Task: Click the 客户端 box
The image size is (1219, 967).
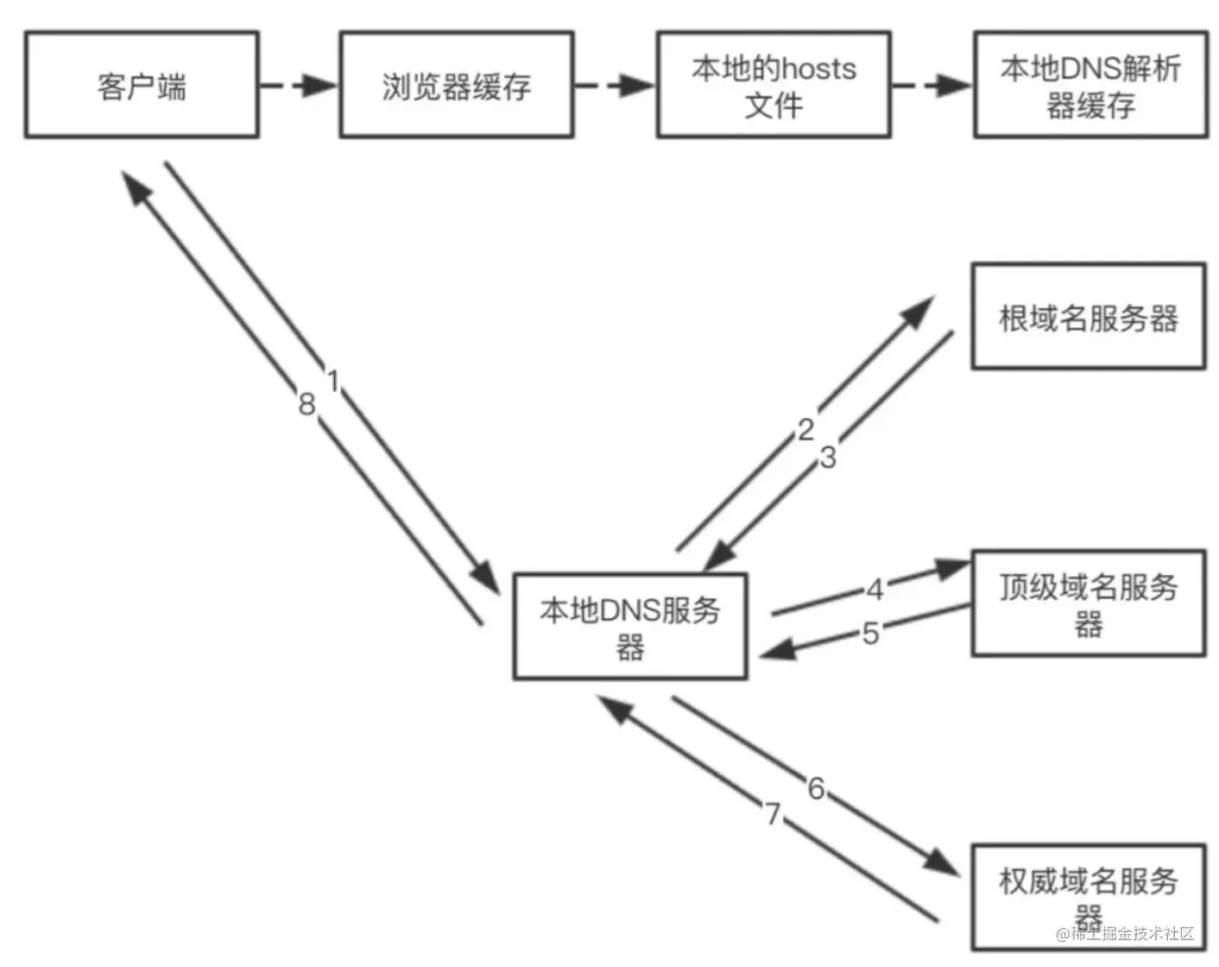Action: tap(142, 85)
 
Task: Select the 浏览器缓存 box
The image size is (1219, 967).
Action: tap(456, 85)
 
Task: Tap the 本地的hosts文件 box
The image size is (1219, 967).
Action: tap(774, 85)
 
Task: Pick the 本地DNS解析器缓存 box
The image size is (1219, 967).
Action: tap(1090, 85)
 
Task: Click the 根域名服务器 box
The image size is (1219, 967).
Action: tap(1088, 317)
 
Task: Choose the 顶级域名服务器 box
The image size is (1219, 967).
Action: tap(1088, 603)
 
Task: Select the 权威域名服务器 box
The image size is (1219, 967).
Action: tap(1088, 896)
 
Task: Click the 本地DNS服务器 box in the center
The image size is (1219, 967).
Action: tap(630, 627)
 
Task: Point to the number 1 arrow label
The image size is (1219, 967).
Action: tap(333, 381)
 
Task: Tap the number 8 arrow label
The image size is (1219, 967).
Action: tap(306, 404)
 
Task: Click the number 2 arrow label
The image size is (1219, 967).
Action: tap(805, 429)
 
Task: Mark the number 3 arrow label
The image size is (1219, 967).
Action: tap(828, 458)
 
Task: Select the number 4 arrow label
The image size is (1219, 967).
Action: tap(875, 590)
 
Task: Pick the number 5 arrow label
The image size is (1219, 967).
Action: tap(870, 634)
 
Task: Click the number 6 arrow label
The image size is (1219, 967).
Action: tap(816, 787)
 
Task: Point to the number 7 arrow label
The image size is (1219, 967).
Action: tap(773, 813)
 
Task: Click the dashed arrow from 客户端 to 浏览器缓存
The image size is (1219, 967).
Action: tap(299, 85)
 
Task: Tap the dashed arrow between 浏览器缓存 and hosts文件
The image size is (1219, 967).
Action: tap(615, 85)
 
